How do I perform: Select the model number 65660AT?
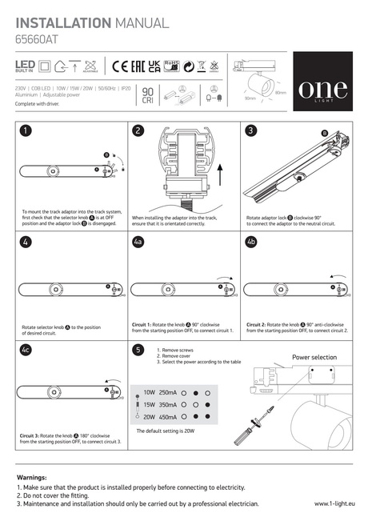(x=37, y=38)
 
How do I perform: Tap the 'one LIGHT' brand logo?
(x=322, y=88)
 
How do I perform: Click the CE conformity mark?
(x=122, y=66)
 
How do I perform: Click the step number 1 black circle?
(x=26, y=131)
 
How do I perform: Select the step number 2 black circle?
(x=138, y=131)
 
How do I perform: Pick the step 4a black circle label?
(x=139, y=241)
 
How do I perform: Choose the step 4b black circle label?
(x=251, y=241)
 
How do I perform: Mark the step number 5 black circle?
(x=138, y=350)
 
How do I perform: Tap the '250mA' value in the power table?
(x=168, y=393)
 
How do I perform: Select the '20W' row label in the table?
(x=149, y=416)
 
